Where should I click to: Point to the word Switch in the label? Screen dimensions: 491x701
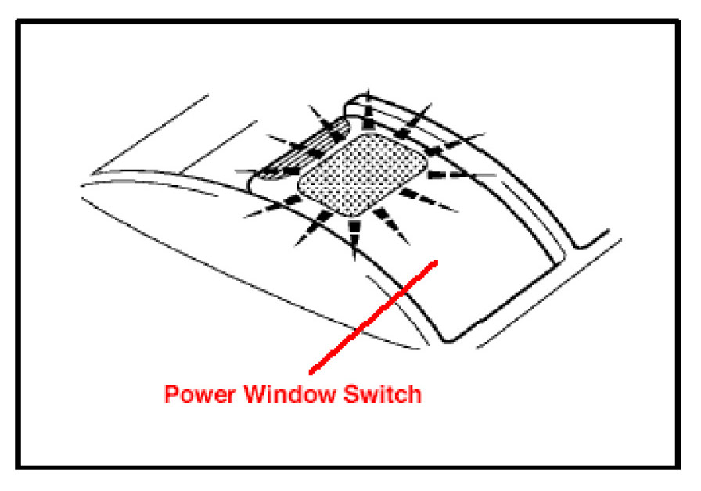point(383,395)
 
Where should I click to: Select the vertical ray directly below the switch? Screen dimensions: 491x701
point(355,235)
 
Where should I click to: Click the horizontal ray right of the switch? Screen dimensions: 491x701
point(462,172)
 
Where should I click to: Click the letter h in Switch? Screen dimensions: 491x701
point(414,395)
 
